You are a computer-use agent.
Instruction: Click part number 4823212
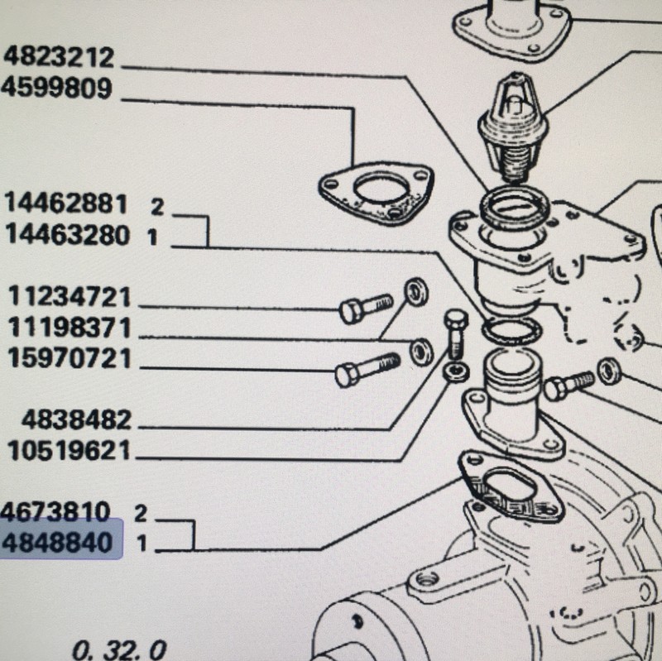coord(59,57)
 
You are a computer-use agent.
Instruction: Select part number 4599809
coord(56,89)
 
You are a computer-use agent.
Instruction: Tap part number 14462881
coord(66,203)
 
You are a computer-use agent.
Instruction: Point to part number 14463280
coord(68,235)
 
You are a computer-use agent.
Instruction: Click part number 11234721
coord(70,296)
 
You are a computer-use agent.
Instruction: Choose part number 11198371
coord(70,328)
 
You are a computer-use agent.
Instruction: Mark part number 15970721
coord(70,358)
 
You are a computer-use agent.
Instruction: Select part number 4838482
coord(76,420)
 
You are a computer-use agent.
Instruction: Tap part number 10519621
coord(70,450)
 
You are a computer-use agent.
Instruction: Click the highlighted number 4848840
coord(57,543)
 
